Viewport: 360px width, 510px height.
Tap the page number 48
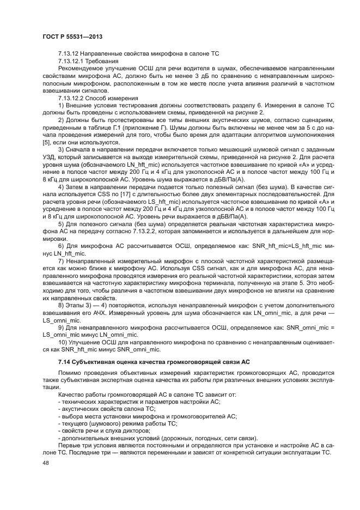click(x=46, y=463)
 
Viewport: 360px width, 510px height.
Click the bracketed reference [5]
click(x=46, y=142)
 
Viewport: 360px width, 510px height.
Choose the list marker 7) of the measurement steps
click(x=61, y=262)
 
